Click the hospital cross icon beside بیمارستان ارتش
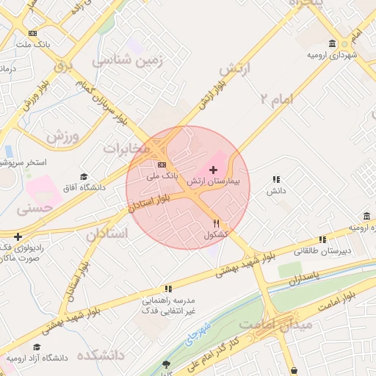214,170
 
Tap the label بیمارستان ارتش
213,180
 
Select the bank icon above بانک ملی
162,164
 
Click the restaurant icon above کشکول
216,223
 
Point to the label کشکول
216,234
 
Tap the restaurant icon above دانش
276,179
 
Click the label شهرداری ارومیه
333,55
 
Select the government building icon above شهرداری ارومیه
333,44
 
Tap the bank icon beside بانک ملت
32,33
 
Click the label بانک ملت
35,44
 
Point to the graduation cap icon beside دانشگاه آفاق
84,176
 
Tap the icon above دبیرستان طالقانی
322,239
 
